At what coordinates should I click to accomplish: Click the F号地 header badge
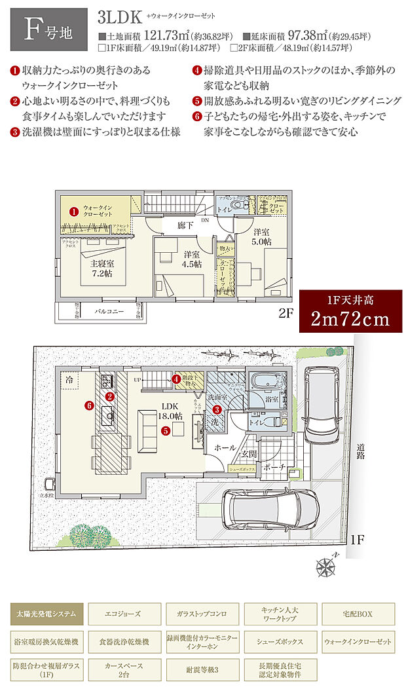pyautogui.click(x=45, y=29)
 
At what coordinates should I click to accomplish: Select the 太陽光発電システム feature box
pyautogui.click(x=46, y=614)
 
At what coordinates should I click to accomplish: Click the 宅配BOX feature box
pyautogui.click(x=356, y=614)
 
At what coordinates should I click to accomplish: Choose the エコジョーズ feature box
pyautogui.click(x=123, y=614)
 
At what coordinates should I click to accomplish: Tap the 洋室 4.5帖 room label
pyautogui.click(x=192, y=259)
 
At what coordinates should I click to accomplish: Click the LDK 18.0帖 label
pyautogui.click(x=170, y=411)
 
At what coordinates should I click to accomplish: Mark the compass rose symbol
pyautogui.click(x=325, y=565)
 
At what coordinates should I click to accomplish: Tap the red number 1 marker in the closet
pyautogui.click(x=74, y=212)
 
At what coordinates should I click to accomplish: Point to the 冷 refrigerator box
pyautogui.click(x=69, y=380)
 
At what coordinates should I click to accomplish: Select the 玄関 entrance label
pyautogui.click(x=249, y=455)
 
